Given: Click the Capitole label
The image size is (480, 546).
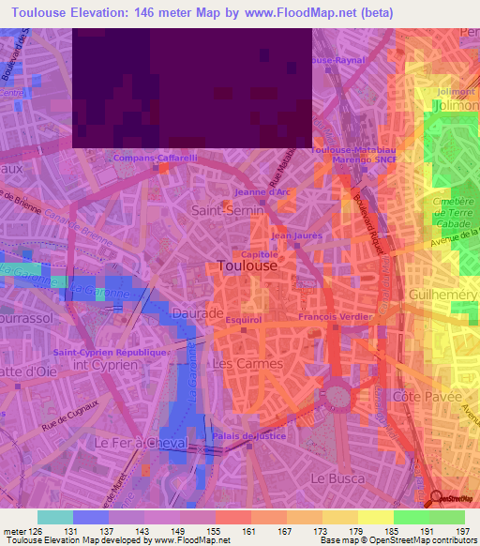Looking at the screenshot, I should [260, 253].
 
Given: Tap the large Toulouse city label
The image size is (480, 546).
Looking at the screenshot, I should [247, 265].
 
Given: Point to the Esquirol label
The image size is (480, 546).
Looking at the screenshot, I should [242, 320].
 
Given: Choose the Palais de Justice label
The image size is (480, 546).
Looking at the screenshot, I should [247, 436].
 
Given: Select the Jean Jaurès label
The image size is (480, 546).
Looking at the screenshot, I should [291, 235].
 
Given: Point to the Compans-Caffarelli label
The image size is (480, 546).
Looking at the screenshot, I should [155, 159].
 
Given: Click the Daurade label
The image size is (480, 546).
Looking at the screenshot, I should [198, 312].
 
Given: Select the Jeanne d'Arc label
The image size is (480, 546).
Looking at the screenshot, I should [269, 192].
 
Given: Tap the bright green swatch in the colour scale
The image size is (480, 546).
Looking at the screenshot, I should [411, 517].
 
